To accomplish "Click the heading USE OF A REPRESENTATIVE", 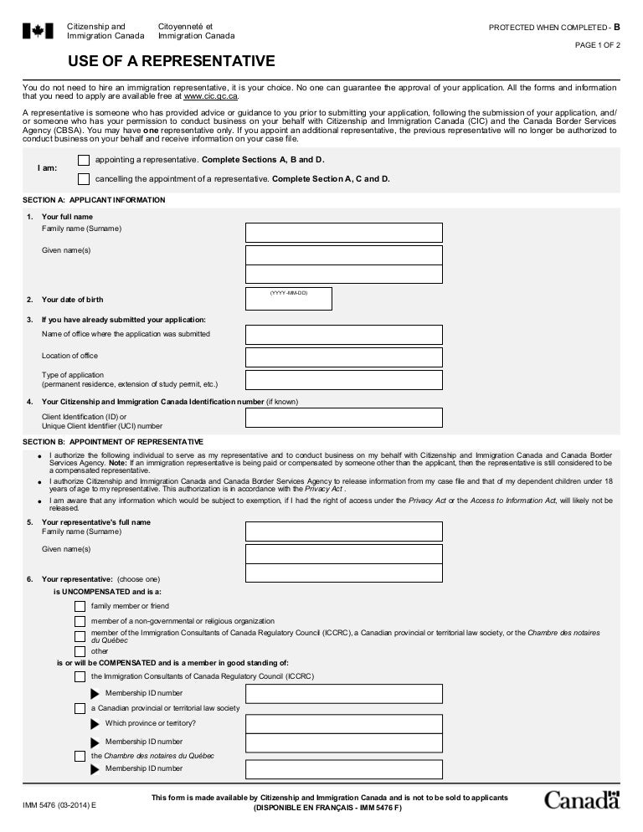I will coord(172,62).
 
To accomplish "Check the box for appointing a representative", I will coord(83,160).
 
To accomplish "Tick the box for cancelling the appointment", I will coord(83,178).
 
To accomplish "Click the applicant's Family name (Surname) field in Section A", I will coord(343,233).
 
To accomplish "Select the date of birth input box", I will coord(288,299).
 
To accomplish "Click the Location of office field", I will coord(343,357).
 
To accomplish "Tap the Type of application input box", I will coord(343,380).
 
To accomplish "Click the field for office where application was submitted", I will coord(343,335).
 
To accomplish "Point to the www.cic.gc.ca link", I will coord(204,97).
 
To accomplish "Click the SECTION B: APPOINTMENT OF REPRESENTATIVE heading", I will coord(113,441).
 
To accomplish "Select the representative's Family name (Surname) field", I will coord(343,532).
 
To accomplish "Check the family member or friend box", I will coord(80,606).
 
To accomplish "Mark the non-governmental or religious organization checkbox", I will coord(80,621).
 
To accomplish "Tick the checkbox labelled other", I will coord(80,651).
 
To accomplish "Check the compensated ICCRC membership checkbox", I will coord(80,676).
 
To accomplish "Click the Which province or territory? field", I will coord(343,723).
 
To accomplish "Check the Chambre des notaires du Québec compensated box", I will coord(80,756).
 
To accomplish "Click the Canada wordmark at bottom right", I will coord(582,799).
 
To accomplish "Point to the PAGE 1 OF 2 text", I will coord(597,45).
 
